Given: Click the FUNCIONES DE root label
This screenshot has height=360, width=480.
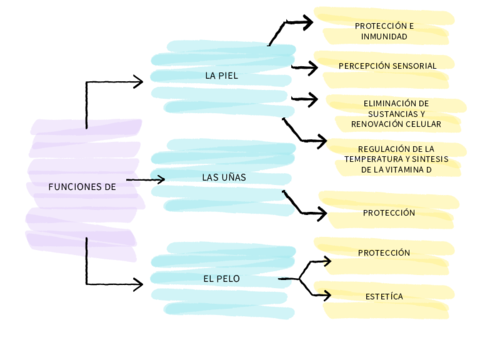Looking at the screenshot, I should pos(82,186).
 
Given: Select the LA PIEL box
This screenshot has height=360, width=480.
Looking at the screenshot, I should pos(222,76).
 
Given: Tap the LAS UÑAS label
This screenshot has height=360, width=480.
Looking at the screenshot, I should pos(224,178).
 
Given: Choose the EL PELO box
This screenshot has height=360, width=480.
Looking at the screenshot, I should pos(222,278).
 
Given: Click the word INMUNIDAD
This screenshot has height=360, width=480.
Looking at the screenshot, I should pos(384,37).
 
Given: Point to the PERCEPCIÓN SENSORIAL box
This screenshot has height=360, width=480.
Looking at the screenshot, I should pos(387,66).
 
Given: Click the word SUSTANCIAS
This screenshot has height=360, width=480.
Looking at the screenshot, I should pos(396,113).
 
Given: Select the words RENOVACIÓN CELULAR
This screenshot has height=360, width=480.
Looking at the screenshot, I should pos(396,124).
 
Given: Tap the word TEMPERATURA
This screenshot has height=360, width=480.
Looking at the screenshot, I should pos(380,159).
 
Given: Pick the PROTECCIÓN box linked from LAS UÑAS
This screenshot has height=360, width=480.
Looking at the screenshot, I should pos(389,213).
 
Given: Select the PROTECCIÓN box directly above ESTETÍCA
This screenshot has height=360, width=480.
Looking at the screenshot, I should pos(384,253).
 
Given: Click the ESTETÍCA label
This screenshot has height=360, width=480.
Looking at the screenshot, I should pos(384,296).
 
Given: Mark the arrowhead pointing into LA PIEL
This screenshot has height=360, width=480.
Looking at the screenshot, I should pos(138,82).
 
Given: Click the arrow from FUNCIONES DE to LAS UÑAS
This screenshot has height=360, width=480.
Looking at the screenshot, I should pos(145,180).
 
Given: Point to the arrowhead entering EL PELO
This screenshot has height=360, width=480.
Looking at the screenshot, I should pos(138,282).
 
